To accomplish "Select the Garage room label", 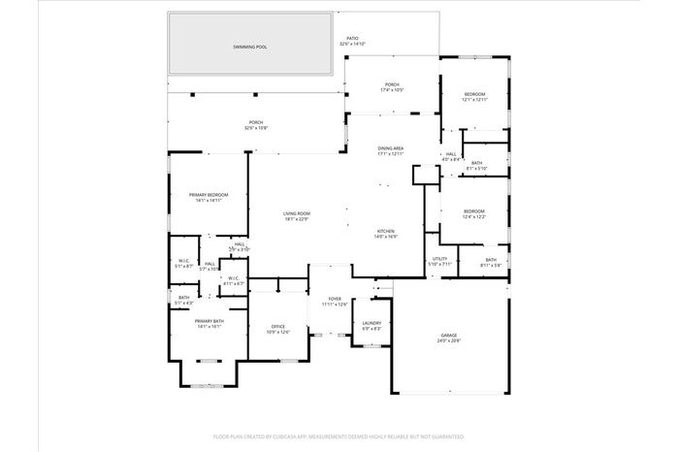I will (447, 335).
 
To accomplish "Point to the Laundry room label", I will (372, 323).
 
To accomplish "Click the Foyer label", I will (335, 300).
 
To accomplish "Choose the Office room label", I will (278, 327).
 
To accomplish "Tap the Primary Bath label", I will (209, 321).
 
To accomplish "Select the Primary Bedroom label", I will (209, 195).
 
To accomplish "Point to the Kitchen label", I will (386, 230).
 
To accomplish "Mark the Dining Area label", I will (390, 148).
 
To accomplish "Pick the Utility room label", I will (439, 259).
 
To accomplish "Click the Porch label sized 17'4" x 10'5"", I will (391, 84).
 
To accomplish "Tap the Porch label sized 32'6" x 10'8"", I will (256, 123).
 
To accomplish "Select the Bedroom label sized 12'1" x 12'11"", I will (473, 94).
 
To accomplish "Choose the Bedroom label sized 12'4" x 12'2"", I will (473, 211).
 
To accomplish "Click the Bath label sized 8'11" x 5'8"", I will (490, 260).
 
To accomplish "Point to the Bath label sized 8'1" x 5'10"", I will (476, 163).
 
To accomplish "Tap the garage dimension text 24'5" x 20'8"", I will (447, 341).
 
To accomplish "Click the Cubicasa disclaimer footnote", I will (339, 437).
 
